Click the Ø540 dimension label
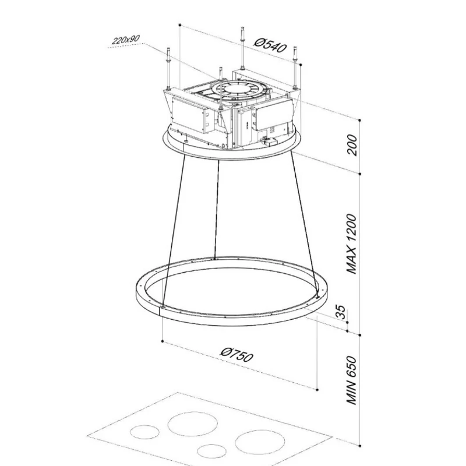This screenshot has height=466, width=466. point(270,45)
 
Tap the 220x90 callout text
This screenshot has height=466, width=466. point(126,39)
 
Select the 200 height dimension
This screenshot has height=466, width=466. point(352,144)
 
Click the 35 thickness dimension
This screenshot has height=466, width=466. point(341,312)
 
